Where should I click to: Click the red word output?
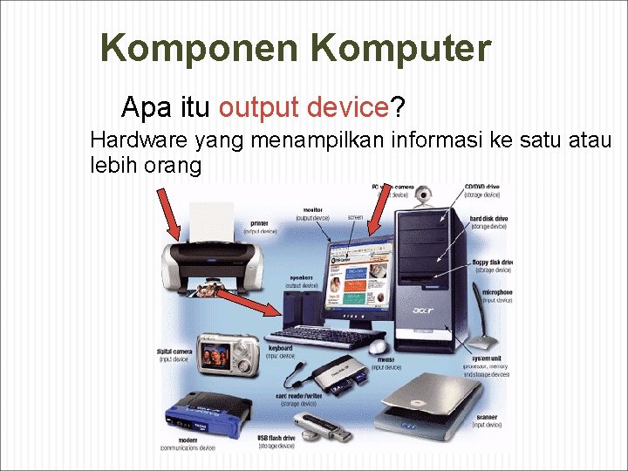click(x=260, y=107)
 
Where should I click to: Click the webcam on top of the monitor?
click(x=424, y=196)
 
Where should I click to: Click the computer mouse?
click(x=379, y=346)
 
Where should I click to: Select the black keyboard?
click(x=326, y=336)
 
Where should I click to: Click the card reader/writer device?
click(x=336, y=375)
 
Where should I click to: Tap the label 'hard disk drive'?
click(x=488, y=218)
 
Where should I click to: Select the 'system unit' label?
click(x=487, y=358)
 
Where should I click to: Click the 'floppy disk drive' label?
click(x=492, y=262)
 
